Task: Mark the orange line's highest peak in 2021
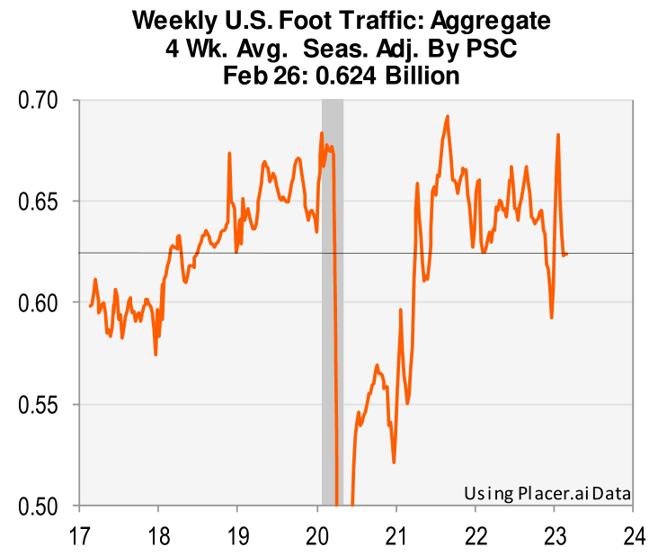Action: (447, 116)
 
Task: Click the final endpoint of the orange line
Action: (566, 255)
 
